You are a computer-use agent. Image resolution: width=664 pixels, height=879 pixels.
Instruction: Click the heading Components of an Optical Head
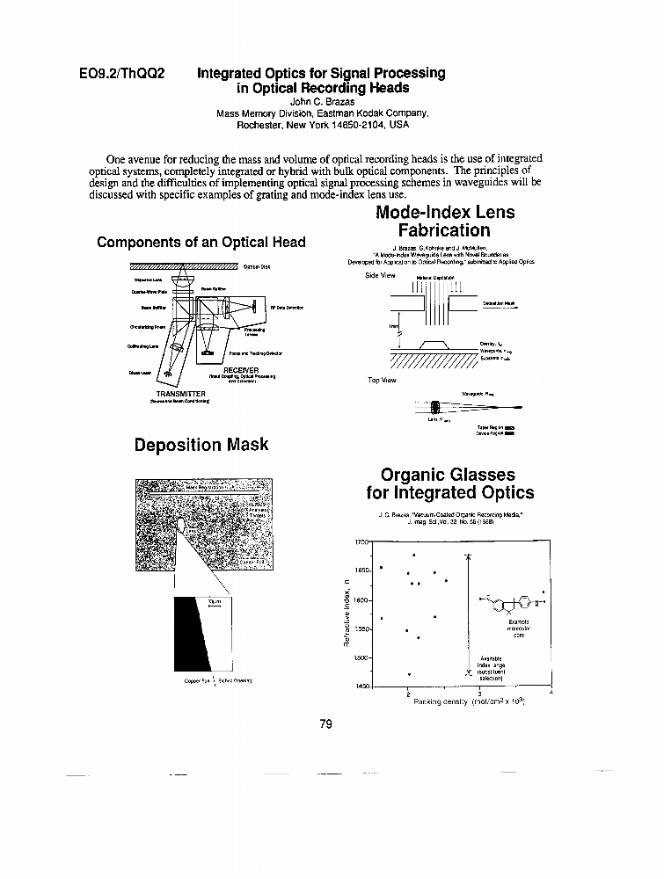point(201,243)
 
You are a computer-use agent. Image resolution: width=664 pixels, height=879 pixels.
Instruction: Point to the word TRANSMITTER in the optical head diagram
point(180,393)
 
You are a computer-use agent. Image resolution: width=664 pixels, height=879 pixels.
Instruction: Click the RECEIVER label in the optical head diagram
point(240,370)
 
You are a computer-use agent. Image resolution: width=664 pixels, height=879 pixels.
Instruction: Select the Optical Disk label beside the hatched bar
point(257,266)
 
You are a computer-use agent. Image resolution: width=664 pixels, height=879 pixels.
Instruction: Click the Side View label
point(380,275)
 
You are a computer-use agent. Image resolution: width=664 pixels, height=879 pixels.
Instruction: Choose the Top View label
point(381,380)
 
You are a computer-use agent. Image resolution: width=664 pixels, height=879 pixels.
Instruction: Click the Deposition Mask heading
point(201,445)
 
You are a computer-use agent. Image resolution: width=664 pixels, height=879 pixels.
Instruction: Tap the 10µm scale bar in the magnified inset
point(212,603)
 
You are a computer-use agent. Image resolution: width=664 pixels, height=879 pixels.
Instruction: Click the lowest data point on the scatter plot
point(409,674)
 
